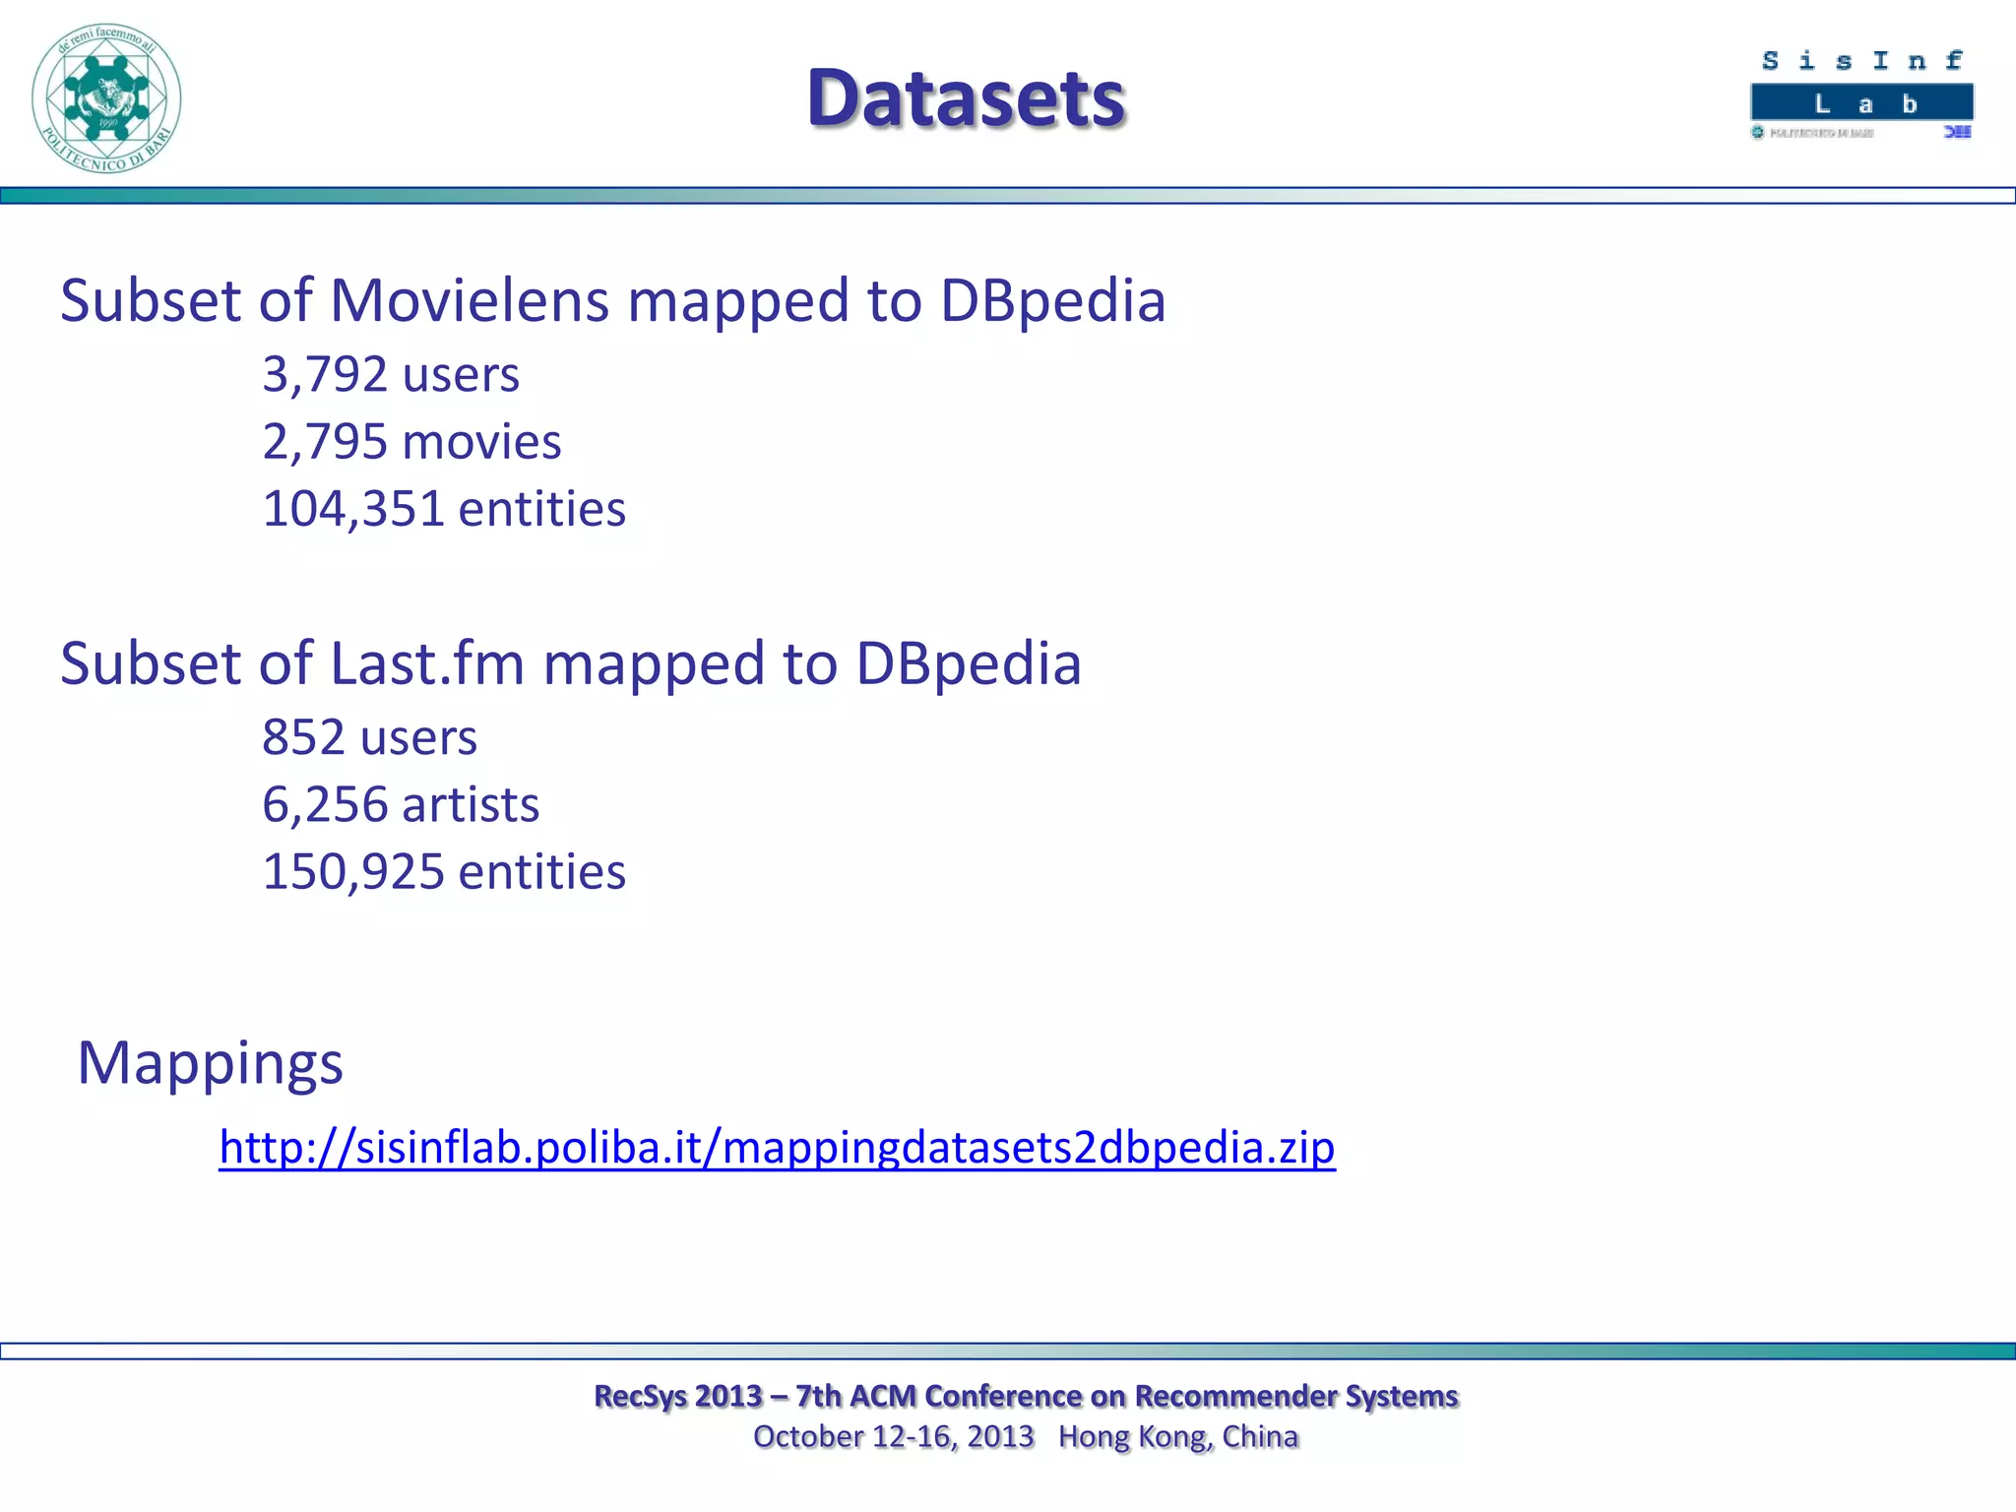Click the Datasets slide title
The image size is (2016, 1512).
pyautogui.click(x=966, y=98)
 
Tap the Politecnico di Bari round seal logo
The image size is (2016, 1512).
pyautogui.click(x=106, y=98)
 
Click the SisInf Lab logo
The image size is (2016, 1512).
pyautogui.click(x=1861, y=94)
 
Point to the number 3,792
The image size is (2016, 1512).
pyautogui.click(x=324, y=375)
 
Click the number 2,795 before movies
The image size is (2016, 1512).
pyautogui.click(x=324, y=442)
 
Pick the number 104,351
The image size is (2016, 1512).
pyautogui.click(x=352, y=509)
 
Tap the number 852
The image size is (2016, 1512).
pyautogui.click(x=302, y=737)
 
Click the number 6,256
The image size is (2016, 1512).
pyautogui.click(x=324, y=804)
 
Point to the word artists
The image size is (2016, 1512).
pyautogui.click(x=471, y=804)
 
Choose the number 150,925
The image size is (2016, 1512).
pyautogui.click(x=352, y=872)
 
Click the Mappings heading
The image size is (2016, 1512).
pyautogui.click(x=211, y=1063)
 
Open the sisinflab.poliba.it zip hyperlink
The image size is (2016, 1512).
pyautogui.click(x=777, y=1148)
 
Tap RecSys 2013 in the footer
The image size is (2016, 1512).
pyautogui.click(x=678, y=1396)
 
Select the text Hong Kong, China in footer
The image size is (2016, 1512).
pyautogui.click(x=1178, y=1437)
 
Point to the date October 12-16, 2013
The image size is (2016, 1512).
pyautogui.click(x=893, y=1437)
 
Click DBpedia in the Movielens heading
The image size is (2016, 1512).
pyautogui.click(x=1052, y=300)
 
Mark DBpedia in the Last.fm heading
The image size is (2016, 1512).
pyautogui.click(x=969, y=663)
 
